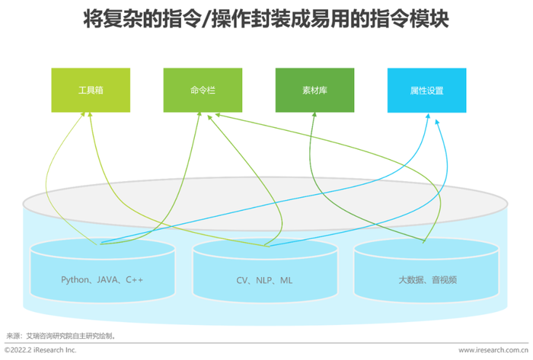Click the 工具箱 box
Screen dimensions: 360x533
(91, 91)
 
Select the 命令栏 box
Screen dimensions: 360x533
(203, 91)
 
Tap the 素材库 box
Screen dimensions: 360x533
(314, 91)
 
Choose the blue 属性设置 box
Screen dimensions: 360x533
(426, 91)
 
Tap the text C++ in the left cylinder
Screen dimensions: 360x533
(135, 280)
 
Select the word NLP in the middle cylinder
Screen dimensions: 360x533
(264, 280)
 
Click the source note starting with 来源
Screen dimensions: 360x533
(61, 335)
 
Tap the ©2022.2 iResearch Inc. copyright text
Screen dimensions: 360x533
(40, 349)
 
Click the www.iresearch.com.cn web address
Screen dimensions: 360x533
(492, 349)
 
